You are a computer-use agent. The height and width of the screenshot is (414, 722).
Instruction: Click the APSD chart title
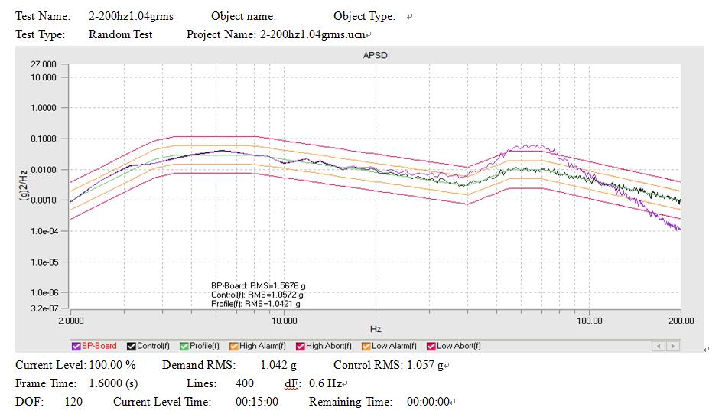(375, 55)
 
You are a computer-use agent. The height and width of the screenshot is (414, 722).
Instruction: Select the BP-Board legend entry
(94, 346)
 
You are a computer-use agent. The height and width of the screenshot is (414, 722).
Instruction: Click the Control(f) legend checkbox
(132, 347)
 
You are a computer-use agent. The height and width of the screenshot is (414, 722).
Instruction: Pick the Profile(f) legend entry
(200, 346)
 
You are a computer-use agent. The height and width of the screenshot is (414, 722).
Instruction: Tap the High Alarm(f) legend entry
(258, 346)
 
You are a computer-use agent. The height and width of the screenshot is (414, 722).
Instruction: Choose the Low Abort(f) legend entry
(454, 346)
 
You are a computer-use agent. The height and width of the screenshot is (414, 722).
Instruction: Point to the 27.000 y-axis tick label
(44, 64)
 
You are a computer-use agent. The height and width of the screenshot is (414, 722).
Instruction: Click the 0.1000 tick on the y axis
(44, 139)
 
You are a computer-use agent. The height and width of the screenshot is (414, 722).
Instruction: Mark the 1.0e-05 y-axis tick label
(44, 262)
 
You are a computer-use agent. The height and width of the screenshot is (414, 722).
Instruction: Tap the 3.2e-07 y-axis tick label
(44, 308)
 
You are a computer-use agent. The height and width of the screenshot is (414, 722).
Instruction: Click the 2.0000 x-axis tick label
(71, 321)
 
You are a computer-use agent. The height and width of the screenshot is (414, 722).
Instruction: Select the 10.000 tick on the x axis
(284, 321)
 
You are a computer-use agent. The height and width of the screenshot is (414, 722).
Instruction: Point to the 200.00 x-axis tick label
(681, 321)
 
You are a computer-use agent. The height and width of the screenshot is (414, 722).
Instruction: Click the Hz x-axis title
(376, 329)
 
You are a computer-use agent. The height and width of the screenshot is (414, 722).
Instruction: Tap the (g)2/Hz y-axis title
(24, 185)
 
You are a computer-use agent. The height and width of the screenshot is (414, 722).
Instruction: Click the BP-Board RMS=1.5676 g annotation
(258, 286)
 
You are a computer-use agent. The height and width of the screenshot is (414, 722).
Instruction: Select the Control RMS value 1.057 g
(425, 365)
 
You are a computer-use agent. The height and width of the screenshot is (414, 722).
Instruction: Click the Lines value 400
(245, 383)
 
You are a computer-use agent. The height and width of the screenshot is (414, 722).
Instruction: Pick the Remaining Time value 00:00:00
(428, 402)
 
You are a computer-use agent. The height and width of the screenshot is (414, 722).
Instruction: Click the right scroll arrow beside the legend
(673, 346)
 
